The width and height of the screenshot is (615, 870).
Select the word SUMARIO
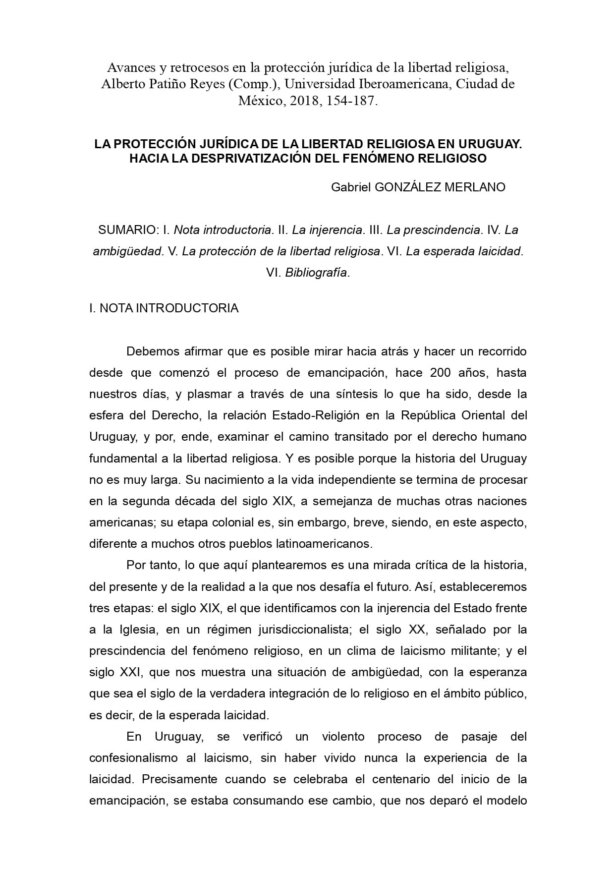point(128,230)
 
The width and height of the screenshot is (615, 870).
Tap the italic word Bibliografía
point(316,273)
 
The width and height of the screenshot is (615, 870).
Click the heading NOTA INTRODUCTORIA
point(169,308)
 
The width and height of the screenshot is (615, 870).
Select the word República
point(427,415)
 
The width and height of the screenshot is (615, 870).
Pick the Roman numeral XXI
point(131,673)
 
